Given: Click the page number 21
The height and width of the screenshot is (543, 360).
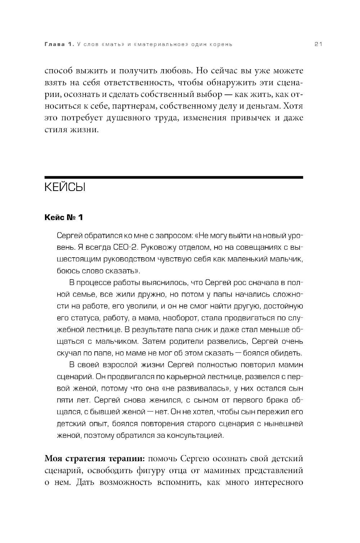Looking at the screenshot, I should click(318, 44).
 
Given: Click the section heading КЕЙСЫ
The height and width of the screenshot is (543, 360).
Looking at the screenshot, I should click(65, 188).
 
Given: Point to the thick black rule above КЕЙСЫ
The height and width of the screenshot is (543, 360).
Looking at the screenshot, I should click(174, 177).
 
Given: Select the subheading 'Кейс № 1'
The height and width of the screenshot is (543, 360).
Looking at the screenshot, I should click(64, 217).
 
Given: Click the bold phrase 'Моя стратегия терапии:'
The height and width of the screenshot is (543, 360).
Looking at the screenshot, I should click(94, 459).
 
